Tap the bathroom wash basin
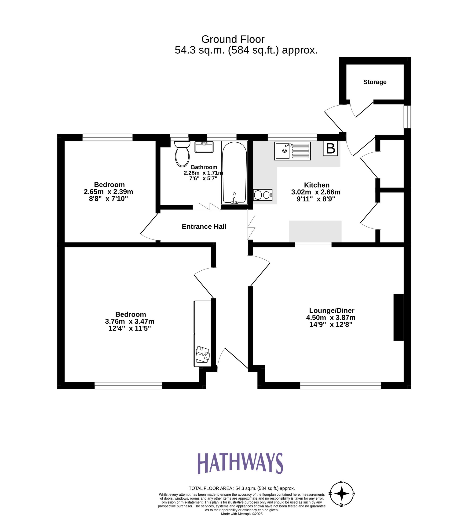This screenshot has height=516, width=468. tap(204, 147)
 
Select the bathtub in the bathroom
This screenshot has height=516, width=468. tap(234, 173)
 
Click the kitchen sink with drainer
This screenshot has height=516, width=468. tap(292, 151)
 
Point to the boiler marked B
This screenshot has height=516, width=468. tap(330, 148)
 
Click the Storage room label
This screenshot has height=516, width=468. tap(375, 82)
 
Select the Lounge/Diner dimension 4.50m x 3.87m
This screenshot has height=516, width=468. tap(331, 318)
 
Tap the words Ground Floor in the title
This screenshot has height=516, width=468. tap(233, 39)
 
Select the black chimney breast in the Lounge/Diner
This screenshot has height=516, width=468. tap(398, 317)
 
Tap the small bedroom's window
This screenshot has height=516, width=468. tap(107, 137)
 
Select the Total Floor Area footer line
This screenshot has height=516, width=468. tap(241, 488)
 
